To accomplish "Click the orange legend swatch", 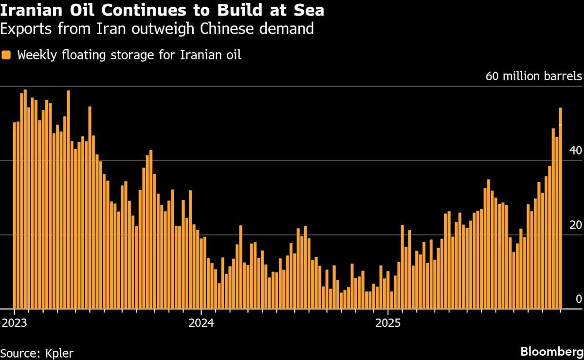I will (6, 55).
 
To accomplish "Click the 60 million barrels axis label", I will (534, 77).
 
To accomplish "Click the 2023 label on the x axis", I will (14, 323).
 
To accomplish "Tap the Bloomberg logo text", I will (551, 351).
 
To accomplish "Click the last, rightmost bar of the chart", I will (560, 209).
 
